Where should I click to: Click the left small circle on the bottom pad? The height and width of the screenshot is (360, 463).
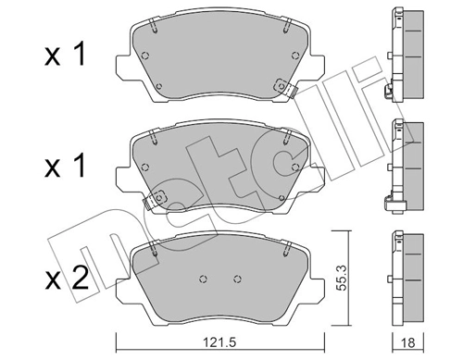(x=203, y=279)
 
